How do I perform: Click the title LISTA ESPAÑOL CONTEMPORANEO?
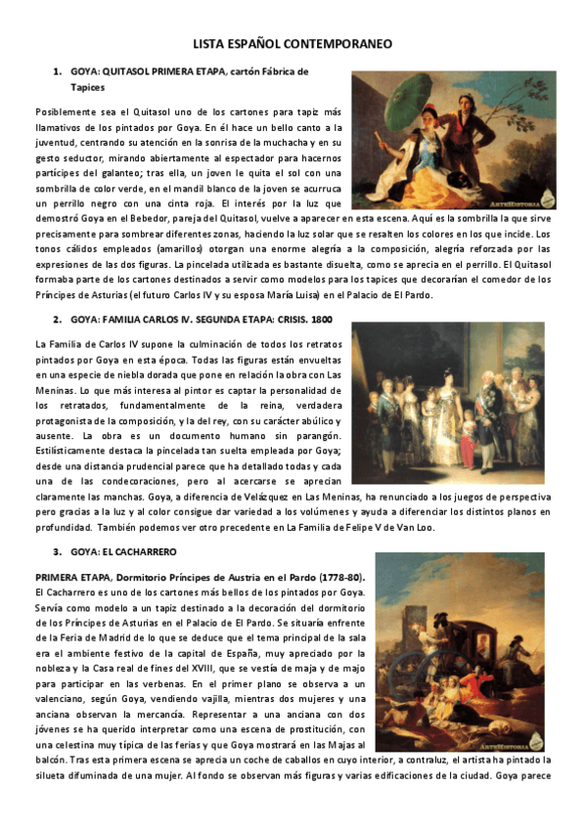(293, 44)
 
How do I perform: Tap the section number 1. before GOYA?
(59, 71)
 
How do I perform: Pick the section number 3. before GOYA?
(59, 551)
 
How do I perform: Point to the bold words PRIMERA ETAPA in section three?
(68, 577)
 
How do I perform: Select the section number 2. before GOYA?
(59, 319)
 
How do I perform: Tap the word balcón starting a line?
(51, 760)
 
